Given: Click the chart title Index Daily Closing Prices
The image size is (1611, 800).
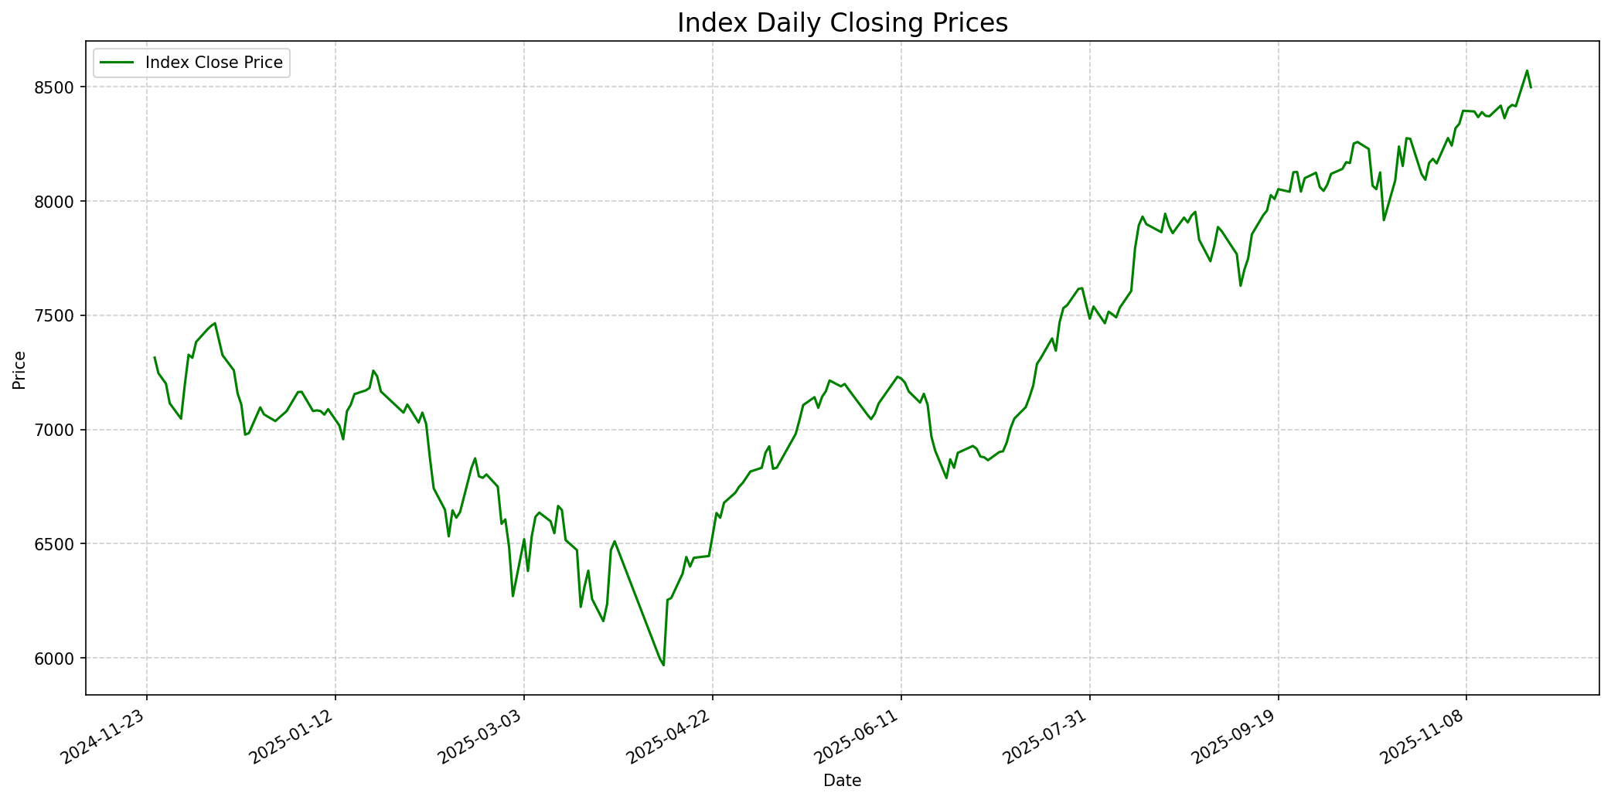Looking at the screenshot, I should coord(842,23).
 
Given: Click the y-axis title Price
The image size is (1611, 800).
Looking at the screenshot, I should coord(20,370).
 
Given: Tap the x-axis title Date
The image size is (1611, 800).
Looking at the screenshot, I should coord(842,781).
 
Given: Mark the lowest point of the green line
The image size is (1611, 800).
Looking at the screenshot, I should coord(663,665).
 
